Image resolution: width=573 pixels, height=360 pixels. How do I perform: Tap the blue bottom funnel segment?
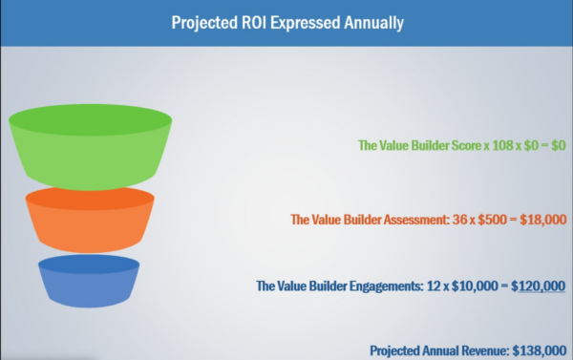click(90, 283)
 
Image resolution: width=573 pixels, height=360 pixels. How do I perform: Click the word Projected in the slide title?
click(201, 21)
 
